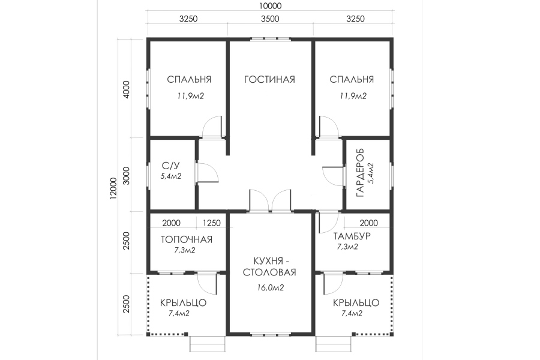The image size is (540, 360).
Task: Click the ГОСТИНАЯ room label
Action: tap(269, 80)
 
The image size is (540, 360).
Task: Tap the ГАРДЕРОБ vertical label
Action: tap(360, 173)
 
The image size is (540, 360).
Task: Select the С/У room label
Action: tap(170, 166)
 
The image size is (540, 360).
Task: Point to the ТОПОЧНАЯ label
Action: tap(187, 239)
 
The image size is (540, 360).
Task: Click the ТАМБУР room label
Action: tap(352, 236)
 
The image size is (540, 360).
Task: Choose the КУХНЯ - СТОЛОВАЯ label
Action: tap(269, 266)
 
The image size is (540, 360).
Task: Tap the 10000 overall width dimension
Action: tap(270, 6)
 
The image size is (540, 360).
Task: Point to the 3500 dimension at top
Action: tap(270, 19)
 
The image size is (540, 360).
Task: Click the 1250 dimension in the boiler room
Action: tap(211, 223)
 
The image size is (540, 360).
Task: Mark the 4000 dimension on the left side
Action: tap(127, 89)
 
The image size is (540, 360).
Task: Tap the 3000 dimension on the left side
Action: tap(127, 176)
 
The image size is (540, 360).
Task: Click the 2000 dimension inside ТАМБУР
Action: tap(369, 223)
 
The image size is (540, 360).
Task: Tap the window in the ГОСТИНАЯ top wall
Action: tap(270, 38)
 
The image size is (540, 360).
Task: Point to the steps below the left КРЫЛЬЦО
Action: tap(208, 344)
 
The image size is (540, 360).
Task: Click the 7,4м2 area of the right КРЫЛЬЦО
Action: tap(352, 313)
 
